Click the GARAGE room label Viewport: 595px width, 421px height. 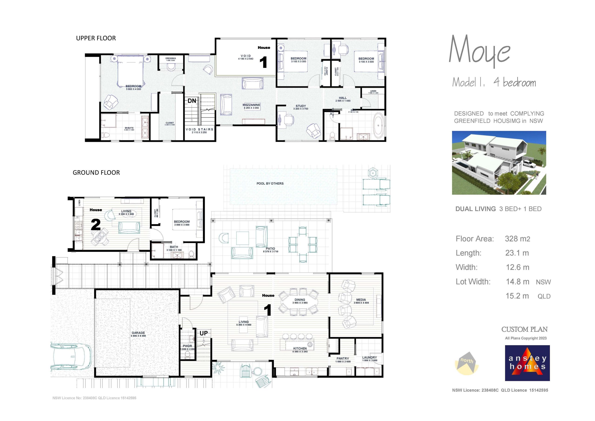[138, 333]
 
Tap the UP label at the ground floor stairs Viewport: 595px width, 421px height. [203, 333]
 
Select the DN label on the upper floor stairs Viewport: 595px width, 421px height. [192, 101]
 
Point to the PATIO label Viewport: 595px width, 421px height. [270, 249]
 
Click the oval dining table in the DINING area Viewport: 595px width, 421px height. [300, 302]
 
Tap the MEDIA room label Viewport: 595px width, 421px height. [361, 300]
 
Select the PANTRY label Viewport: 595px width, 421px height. [343, 358]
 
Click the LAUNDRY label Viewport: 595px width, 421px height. [369, 358]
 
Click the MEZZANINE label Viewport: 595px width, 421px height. [251, 105]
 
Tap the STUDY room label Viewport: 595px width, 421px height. [301, 106]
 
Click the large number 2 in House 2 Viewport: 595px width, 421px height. [96, 225]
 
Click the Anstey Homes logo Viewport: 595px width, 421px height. [527, 363]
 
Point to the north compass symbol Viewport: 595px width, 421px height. [466, 363]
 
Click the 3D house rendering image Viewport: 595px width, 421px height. [499, 163]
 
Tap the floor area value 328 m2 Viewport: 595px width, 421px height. [517, 239]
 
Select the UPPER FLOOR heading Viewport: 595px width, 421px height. [96, 38]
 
